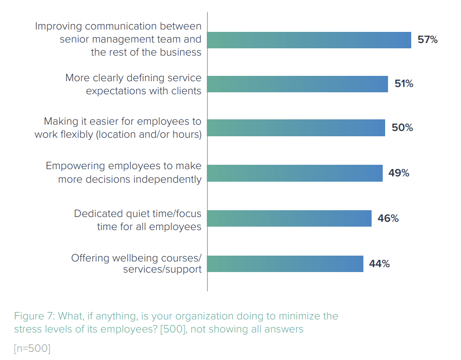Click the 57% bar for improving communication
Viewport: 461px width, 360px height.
click(309, 40)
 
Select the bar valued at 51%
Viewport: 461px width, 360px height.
click(298, 84)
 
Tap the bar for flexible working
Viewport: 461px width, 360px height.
click(296, 128)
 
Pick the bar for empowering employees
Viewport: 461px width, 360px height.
click(295, 173)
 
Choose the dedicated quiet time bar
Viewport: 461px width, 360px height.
click(289, 218)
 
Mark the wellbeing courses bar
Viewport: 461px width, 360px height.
click(285, 264)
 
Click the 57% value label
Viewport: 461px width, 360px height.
click(428, 40)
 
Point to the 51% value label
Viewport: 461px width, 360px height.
click(403, 84)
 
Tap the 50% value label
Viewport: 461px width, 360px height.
click(402, 128)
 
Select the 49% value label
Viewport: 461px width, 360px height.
click(399, 173)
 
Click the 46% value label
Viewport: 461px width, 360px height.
click(388, 218)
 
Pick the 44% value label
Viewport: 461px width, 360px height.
click(379, 264)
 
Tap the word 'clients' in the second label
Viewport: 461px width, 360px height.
click(186, 90)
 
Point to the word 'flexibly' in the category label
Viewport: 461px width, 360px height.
click(76, 134)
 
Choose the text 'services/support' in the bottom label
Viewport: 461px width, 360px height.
click(162, 270)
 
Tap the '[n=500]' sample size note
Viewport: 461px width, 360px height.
click(32, 348)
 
